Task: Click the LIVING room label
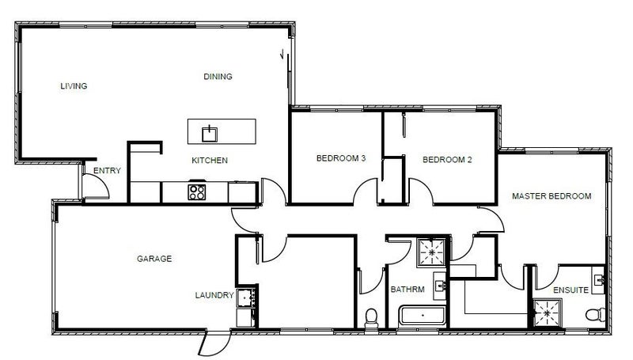click(x=74, y=86)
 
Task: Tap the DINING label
click(x=218, y=77)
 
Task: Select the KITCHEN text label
click(x=210, y=161)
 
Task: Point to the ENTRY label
click(x=107, y=171)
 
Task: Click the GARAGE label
click(x=154, y=259)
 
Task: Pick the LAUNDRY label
click(x=214, y=295)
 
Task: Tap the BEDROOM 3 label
click(x=341, y=158)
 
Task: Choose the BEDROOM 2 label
click(x=447, y=159)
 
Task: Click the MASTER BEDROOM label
click(x=552, y=196)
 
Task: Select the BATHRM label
click(x=407, y=290)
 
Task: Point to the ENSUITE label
click(x=570, y=290)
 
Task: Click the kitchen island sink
click(x=210, y=134)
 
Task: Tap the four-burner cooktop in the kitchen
click(x=197, y=191)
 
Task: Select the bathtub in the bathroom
click(x=423, y=316)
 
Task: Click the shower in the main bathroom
click(x=432, y=252)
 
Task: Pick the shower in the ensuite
click(x=548, y=313)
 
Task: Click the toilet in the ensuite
click(x=596, y=314)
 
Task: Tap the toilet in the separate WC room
click(x=371, y=318)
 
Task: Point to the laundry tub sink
click(x=244, y=297)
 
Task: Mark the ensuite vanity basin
click(x=600, y=279)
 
